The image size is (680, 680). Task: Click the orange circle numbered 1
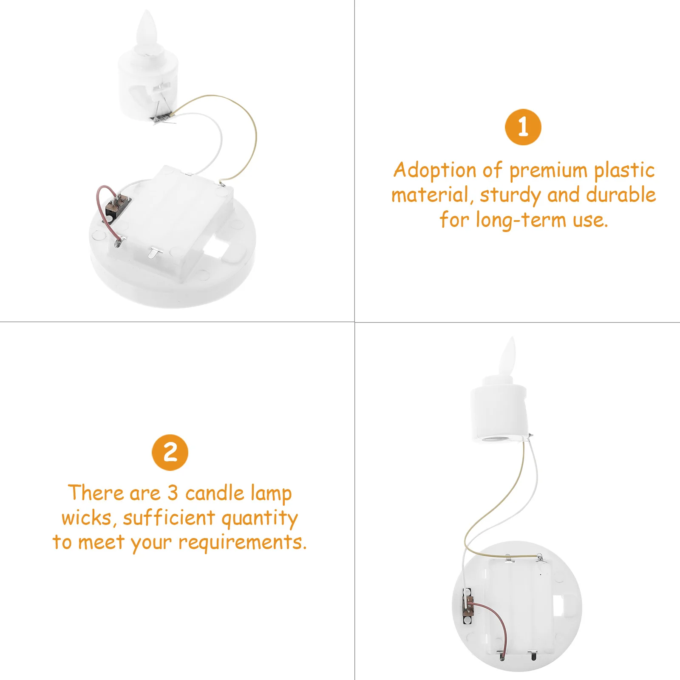pos(523,127)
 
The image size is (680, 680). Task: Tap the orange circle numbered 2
pos(170,452)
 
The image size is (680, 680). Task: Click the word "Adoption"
pos(435,170)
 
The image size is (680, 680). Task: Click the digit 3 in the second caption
pos(172,493)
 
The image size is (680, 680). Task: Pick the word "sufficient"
pos(169,518)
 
